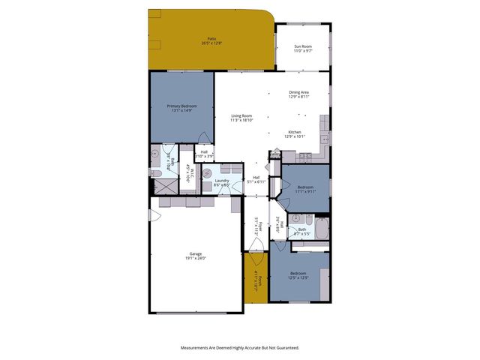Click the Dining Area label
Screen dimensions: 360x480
coord(299,92)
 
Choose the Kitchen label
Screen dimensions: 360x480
coord(295,132)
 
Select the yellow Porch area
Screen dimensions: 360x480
coord(256,279)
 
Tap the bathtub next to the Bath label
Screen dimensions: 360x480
coord(321,228)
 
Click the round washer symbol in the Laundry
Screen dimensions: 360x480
coord(208,171)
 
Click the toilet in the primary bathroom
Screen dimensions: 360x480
coord(156,172)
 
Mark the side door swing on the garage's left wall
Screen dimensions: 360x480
coord(154,217)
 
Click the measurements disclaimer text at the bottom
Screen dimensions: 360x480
coord(240,347)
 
